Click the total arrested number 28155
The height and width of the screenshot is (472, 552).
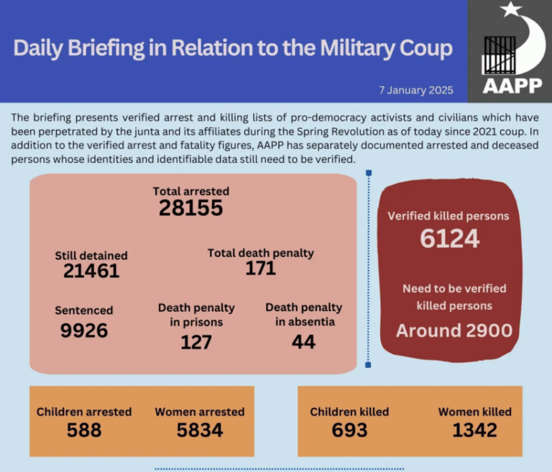190,208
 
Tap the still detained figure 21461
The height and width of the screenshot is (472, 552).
91,271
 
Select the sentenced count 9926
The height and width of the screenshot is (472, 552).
84,330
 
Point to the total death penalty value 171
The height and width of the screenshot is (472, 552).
260,269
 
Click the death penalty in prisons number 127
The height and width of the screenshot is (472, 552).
196,342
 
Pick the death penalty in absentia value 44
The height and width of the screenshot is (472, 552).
303,342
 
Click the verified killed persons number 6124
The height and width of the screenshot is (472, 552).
449,239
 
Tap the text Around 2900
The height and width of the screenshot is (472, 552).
454,330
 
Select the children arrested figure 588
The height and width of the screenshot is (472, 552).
84,430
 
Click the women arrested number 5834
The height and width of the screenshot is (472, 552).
200,430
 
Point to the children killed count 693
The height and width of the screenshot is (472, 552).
349,430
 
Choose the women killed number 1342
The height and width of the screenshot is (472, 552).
475,430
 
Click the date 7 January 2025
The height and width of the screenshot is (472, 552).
416,91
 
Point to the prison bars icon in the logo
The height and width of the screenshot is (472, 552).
498,53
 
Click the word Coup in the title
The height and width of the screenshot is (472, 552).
423,48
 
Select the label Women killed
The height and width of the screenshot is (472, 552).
475,412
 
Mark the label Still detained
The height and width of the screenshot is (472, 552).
91,255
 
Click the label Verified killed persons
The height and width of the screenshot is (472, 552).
448,216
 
